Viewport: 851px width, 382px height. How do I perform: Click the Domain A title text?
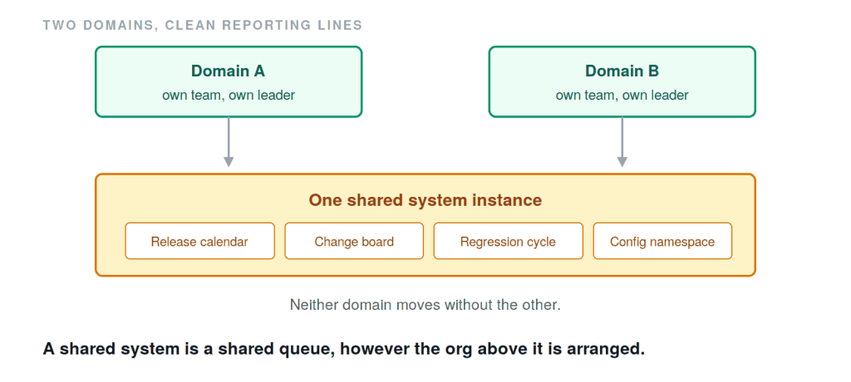tap(228, 71)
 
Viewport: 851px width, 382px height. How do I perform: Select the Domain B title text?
tap(622, 71)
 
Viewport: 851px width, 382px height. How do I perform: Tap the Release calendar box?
tap(199, 241)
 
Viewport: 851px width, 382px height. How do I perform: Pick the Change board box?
tap(354, 241)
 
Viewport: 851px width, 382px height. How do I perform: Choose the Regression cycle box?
tap(508, 241)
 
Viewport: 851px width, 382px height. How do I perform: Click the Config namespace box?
tap(662, 241)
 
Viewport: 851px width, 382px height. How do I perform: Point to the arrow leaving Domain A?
tap(229, 142)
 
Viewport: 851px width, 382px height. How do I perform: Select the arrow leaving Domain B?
tap(622, 142)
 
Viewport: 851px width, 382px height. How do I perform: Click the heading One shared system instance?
tap(425, 200)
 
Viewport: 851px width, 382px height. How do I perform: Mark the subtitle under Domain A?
tap(229, 95)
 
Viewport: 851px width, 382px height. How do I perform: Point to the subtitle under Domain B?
tap(622, 95)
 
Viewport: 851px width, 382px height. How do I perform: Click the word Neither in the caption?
tap(311, 305)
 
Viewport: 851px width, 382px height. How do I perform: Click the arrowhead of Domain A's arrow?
tap(229, 162)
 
